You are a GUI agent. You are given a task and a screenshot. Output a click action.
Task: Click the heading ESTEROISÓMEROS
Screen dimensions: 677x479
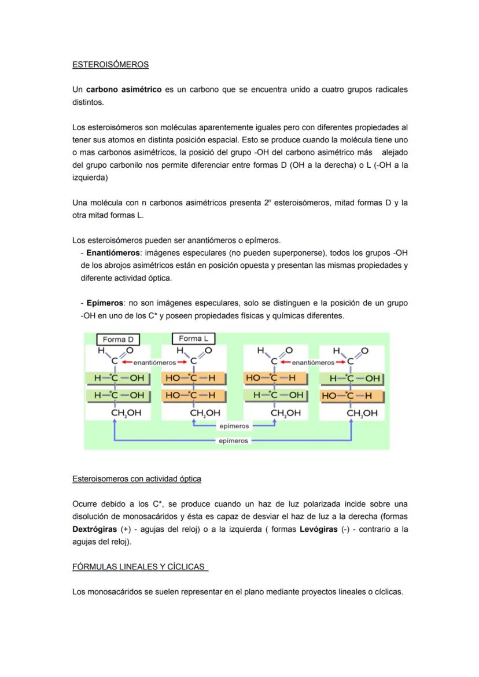[110, 64]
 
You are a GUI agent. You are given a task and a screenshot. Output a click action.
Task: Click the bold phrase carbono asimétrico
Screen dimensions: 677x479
[123, 90]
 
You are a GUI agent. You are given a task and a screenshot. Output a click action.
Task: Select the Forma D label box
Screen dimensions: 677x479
[117, 340]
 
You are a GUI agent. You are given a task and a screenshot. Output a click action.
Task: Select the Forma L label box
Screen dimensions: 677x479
[193, 339]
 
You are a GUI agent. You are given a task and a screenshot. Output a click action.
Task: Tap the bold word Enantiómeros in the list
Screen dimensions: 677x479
[113, 253]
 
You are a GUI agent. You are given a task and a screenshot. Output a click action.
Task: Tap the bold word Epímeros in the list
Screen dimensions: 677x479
[105, 303]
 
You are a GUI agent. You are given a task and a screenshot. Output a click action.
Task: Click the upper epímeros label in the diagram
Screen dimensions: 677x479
[234, 426]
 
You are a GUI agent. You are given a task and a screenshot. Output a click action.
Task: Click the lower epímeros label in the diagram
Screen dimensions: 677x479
[234, 440]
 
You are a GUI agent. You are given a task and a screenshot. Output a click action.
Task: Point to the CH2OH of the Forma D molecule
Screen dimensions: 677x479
[126, 413]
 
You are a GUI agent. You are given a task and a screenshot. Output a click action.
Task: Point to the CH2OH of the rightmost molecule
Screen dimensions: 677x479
[362, 413]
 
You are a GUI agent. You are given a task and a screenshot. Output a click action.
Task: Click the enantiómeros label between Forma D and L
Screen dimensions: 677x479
[154, 362]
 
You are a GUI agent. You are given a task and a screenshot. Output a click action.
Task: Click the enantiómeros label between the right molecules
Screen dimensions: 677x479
[313, 362]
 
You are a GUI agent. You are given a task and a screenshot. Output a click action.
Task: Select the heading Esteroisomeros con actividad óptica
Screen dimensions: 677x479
[137, 479]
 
